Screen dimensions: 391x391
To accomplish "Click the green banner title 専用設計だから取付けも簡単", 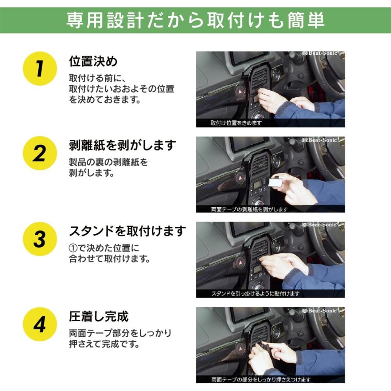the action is tap(195, 20).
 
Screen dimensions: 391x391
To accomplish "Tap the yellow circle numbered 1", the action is tap(40, 69).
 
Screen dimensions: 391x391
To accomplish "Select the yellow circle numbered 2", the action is tap(40, 153).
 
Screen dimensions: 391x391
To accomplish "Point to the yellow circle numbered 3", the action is tap(40, 239).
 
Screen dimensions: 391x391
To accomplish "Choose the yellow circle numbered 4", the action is tap(40, 324).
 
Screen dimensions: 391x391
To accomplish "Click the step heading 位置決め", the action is tap(93, 61).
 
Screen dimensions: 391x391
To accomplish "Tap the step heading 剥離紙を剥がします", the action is tap(123, 146).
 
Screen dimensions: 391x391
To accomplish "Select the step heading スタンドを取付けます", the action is tap(127, 231).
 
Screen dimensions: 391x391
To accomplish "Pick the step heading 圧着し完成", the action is tap(99, 316).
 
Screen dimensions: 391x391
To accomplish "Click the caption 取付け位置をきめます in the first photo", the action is tap(236, 123).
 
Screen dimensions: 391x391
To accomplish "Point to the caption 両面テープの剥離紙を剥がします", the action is tap(249, 209).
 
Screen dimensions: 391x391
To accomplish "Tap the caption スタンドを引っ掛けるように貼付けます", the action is tap(255, 294).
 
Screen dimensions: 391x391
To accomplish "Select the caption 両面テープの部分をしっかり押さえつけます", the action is tap(261, 380).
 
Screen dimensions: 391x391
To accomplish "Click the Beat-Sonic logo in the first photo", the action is tap(320, 53).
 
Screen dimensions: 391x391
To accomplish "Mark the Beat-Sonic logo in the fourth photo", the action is tap(320, 311).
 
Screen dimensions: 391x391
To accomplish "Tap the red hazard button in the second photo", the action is tap(241, 178).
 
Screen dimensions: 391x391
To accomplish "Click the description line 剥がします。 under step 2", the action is tap(92, 172).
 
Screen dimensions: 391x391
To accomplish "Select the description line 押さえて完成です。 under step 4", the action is tap(104, 344).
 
